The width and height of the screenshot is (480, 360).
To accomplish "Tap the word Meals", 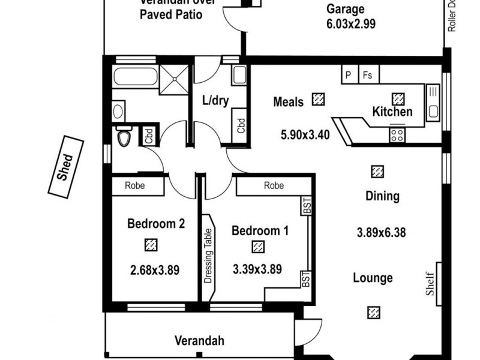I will point(288,101).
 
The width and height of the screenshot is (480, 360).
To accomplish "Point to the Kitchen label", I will point(392,112).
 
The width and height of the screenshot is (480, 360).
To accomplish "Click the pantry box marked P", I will point(349,76).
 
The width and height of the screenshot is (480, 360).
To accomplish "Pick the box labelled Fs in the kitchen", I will point(368,76).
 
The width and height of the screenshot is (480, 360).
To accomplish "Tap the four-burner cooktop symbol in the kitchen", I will point(397,134).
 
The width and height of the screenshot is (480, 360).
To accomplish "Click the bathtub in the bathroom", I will point(135,77).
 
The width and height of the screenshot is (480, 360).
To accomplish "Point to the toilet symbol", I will point(124,137).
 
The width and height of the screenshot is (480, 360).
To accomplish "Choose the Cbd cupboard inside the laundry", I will point(241,125).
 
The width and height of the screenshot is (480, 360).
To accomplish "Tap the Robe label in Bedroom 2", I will point(134,187).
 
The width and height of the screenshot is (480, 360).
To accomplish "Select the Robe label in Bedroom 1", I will point(274,187).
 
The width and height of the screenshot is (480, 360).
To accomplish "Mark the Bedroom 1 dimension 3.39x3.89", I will point(257,270).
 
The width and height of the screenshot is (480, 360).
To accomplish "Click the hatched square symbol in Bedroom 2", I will point(151,244).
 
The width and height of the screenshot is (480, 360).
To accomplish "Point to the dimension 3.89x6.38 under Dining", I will point(382,232).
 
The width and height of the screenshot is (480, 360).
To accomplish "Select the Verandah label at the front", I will point(199,341).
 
